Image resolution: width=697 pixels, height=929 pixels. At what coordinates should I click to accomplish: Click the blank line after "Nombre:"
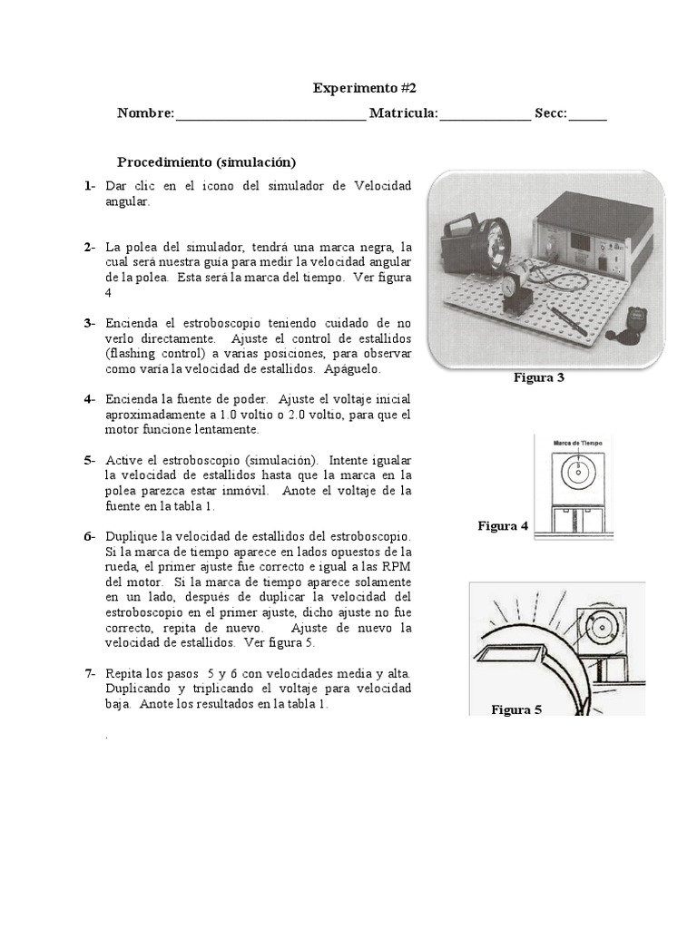(270, 114)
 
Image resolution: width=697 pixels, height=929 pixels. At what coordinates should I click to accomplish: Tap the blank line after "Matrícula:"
(486, 114)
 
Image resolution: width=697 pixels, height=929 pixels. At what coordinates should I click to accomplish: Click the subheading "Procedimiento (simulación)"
(207, 162)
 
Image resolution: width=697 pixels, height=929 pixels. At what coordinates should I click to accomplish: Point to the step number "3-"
(90, 323)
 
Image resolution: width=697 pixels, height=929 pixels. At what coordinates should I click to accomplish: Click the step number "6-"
(90, 536)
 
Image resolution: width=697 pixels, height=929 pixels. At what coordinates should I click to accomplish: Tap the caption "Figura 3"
(539, 377)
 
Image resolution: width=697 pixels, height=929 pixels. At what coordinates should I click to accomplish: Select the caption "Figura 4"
(503, 526)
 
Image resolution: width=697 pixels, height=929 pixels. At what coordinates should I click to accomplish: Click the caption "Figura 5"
(516, 709)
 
